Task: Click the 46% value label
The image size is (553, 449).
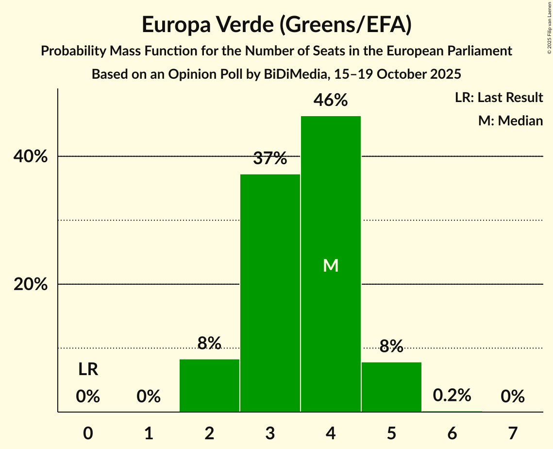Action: coord(331,100)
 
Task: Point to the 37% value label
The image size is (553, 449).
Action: coord(270,158)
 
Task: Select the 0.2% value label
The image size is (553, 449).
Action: coord(452,395)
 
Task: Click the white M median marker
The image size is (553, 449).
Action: coord(331,265)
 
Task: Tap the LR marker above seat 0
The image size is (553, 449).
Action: coord(88,370)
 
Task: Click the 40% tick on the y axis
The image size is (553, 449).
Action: coord(31,157)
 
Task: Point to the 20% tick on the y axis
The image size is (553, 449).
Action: coord(31,285)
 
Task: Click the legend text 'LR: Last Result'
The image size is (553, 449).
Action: coord(499,98)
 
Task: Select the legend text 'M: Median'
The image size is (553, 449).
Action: coord(510,121)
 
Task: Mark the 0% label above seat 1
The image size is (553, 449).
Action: coord(149,397)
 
